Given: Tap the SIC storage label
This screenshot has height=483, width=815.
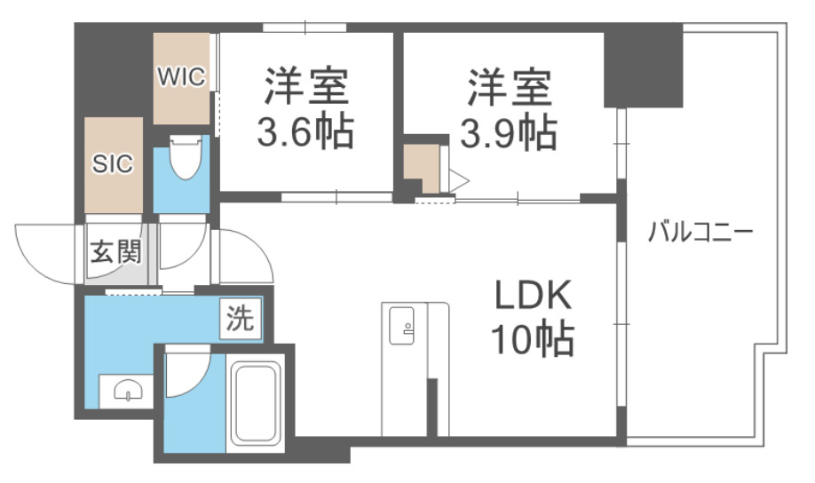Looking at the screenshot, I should coord(114,163).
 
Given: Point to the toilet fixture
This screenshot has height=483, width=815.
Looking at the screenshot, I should coord(184,160).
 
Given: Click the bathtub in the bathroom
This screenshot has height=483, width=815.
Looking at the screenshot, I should coord(257,404).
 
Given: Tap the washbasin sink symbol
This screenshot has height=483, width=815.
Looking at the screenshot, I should coord(125,390).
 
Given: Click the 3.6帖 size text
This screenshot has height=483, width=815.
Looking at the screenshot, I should coord(305,133).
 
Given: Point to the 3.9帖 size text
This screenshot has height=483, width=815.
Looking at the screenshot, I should coord(508,133).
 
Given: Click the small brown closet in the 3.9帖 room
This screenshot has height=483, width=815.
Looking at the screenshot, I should coord(421,168).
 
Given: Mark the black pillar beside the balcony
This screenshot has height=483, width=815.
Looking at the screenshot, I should coord(643,67).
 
